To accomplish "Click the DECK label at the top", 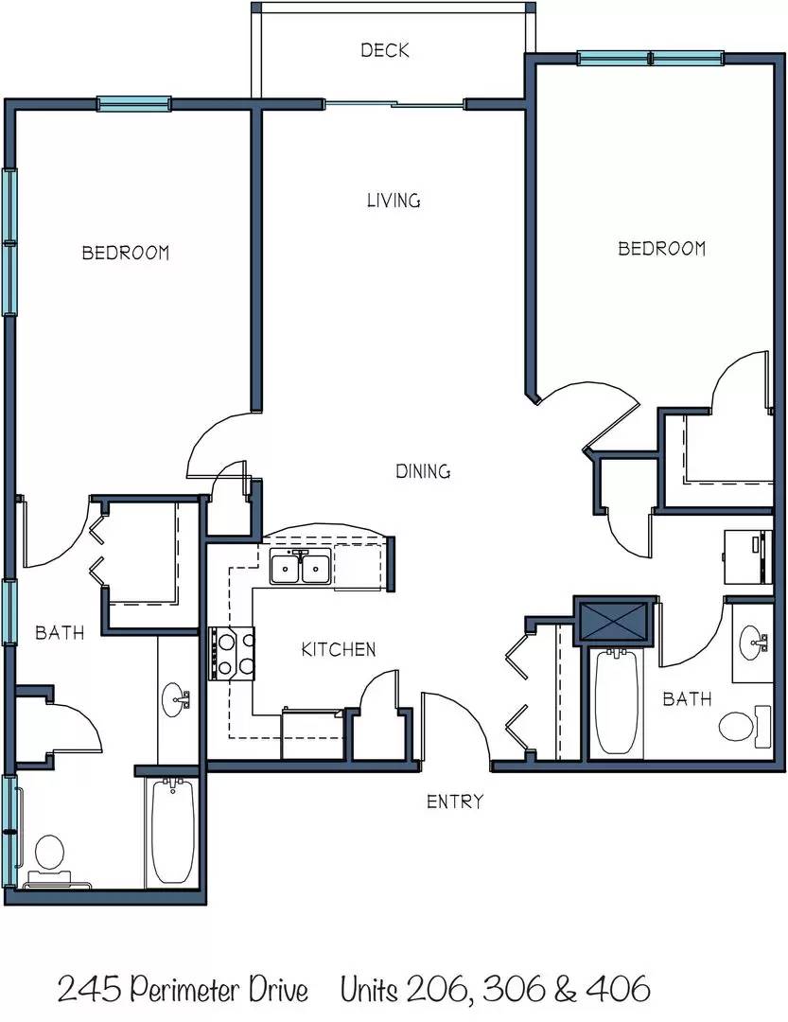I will point(385,50).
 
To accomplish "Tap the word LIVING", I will point(394,201).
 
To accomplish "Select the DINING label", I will point(423,471).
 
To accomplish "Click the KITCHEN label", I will point(339,649).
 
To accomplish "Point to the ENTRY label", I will point(455,802).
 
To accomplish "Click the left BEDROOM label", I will point(126,253).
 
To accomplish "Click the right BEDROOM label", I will point(662,248).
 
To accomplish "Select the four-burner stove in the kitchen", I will point(233,654).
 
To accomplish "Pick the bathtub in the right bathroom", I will point(618,702).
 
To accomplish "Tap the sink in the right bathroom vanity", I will point(754,643).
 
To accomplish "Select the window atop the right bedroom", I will point(651,59).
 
